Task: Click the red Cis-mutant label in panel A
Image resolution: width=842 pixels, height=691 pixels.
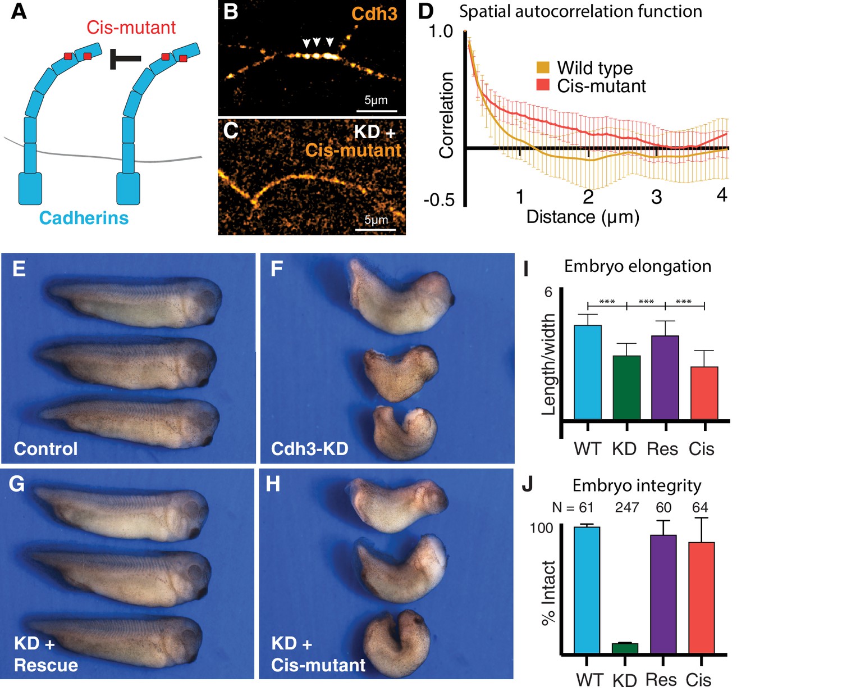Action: pyautogui.click(x=131, y=28)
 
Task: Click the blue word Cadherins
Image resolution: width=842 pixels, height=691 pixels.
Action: pyautogui.click(x=84, y=218)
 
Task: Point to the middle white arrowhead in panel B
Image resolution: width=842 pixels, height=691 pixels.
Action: pyautogui.click(x=317, y=42)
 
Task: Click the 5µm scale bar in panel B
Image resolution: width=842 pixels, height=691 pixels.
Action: pyautogui.click(x=377, y=111)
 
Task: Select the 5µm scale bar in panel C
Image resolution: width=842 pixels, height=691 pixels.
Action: pyautogui.click(x=377, y=229)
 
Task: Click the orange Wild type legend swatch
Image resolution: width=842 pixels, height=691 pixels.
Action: pyautogui.click(x=543, y=68)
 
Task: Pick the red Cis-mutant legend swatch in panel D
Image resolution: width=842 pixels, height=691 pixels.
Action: pyautogui.click(x=543, y=85)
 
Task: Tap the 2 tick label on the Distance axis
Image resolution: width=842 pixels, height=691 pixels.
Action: pyautogui.click(x=588, y=197)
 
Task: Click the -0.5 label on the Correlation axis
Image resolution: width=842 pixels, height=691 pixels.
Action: pyautogui.click(x=440, y=199)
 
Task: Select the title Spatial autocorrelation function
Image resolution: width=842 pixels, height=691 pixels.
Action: pyautogui.click(x=580, y=11)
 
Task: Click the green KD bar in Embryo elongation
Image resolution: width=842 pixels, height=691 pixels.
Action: pyautogui.click(x=626, y=388)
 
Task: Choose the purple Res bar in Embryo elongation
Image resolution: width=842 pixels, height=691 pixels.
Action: pyautogui.click(x=665, y=378)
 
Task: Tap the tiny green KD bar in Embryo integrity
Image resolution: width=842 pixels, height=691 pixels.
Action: pyautogui.click(x=625, y=648)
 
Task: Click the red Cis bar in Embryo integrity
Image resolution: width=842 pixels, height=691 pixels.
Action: pyautogui.click(x=701, y=598)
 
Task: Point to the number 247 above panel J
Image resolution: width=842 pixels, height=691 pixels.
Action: pyautogui.click(x=626, y=508)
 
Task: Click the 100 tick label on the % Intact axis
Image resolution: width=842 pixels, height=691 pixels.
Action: pyautogui.click(x=541, y=528)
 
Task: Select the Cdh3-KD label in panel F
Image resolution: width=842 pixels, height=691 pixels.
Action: pyautogui.click(x=309, y=449)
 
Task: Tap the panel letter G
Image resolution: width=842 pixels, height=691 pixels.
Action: pyautogui.click(x=17, y=484)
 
